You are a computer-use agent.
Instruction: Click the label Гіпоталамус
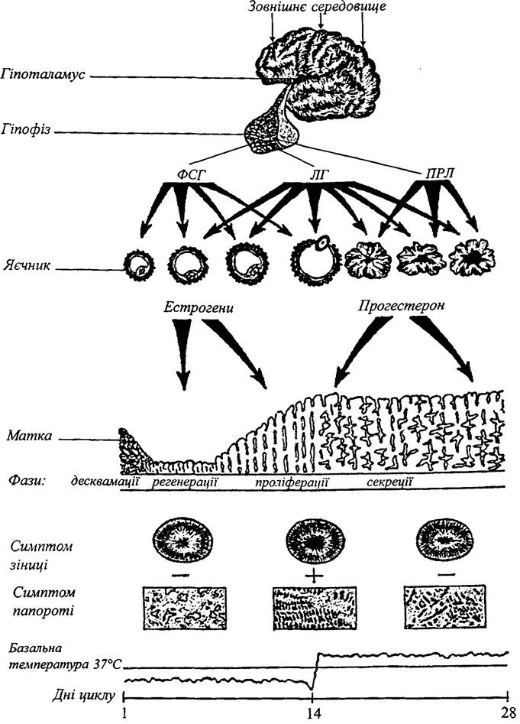point(43,74)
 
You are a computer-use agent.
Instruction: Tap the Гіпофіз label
point(26,129)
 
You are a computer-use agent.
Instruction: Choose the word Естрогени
point(199,308)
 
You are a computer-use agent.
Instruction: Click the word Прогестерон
point(401,306)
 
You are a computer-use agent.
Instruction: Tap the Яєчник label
point(27,266)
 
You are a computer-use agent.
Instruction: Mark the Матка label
point(29,436)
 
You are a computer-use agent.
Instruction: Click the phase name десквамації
point(105,482)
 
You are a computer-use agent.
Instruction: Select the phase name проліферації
point(292,483)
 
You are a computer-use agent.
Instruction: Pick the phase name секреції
point(389,482)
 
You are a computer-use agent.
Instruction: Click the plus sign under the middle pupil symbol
point(312,576)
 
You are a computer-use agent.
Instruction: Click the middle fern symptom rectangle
point(313,608)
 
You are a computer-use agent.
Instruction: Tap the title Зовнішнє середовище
point(317,8)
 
